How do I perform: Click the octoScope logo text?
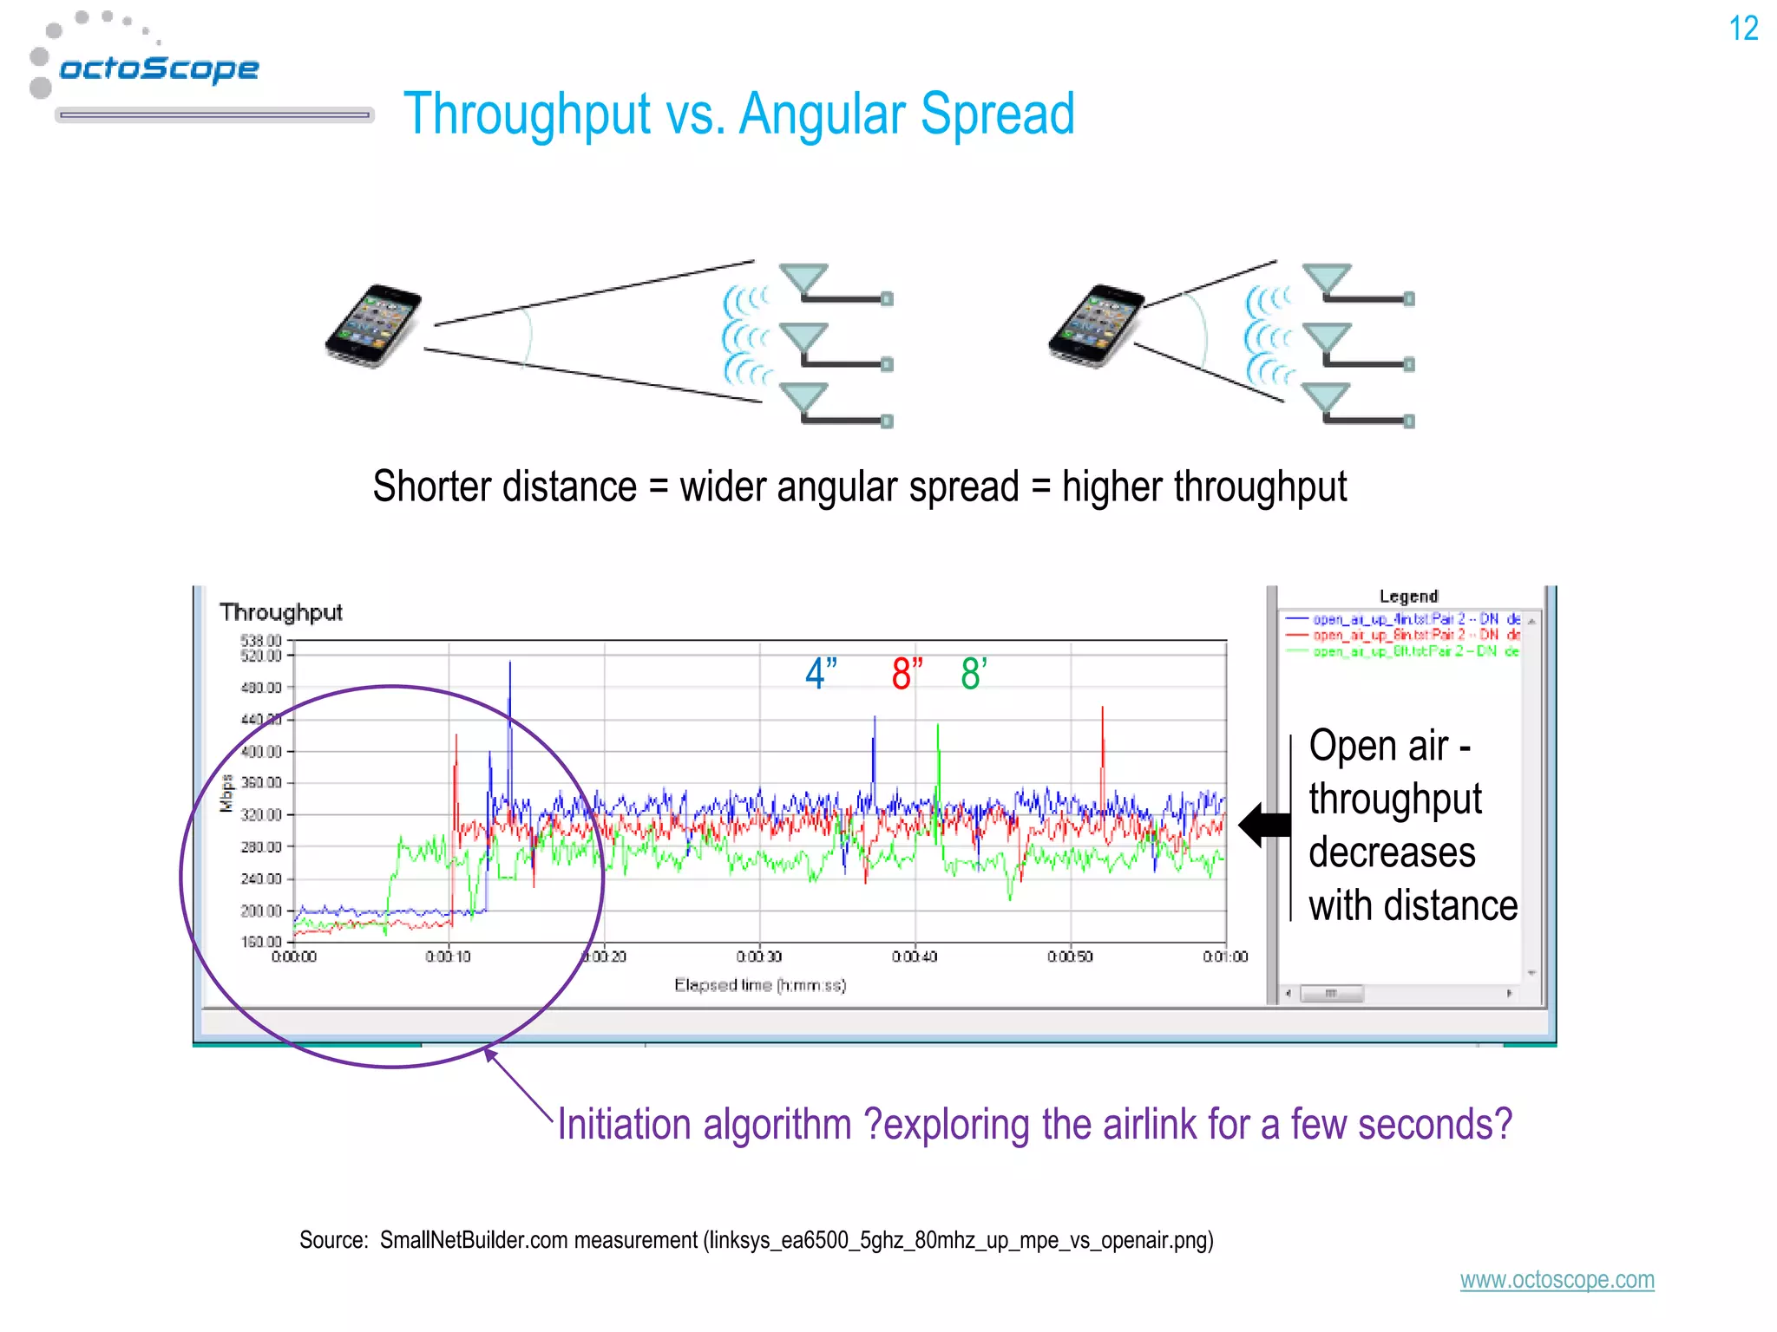159,69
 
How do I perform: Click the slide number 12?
1742,29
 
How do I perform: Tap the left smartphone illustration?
374,325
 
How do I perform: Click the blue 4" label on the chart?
820,674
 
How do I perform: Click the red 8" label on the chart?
907,674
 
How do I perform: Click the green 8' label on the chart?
973,674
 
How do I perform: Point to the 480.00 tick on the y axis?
261,688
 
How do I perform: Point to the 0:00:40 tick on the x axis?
915,957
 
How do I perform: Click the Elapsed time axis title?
760,985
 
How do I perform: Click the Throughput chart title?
281,612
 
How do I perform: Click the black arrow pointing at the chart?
1265,825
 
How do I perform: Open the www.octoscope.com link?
1557,1280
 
